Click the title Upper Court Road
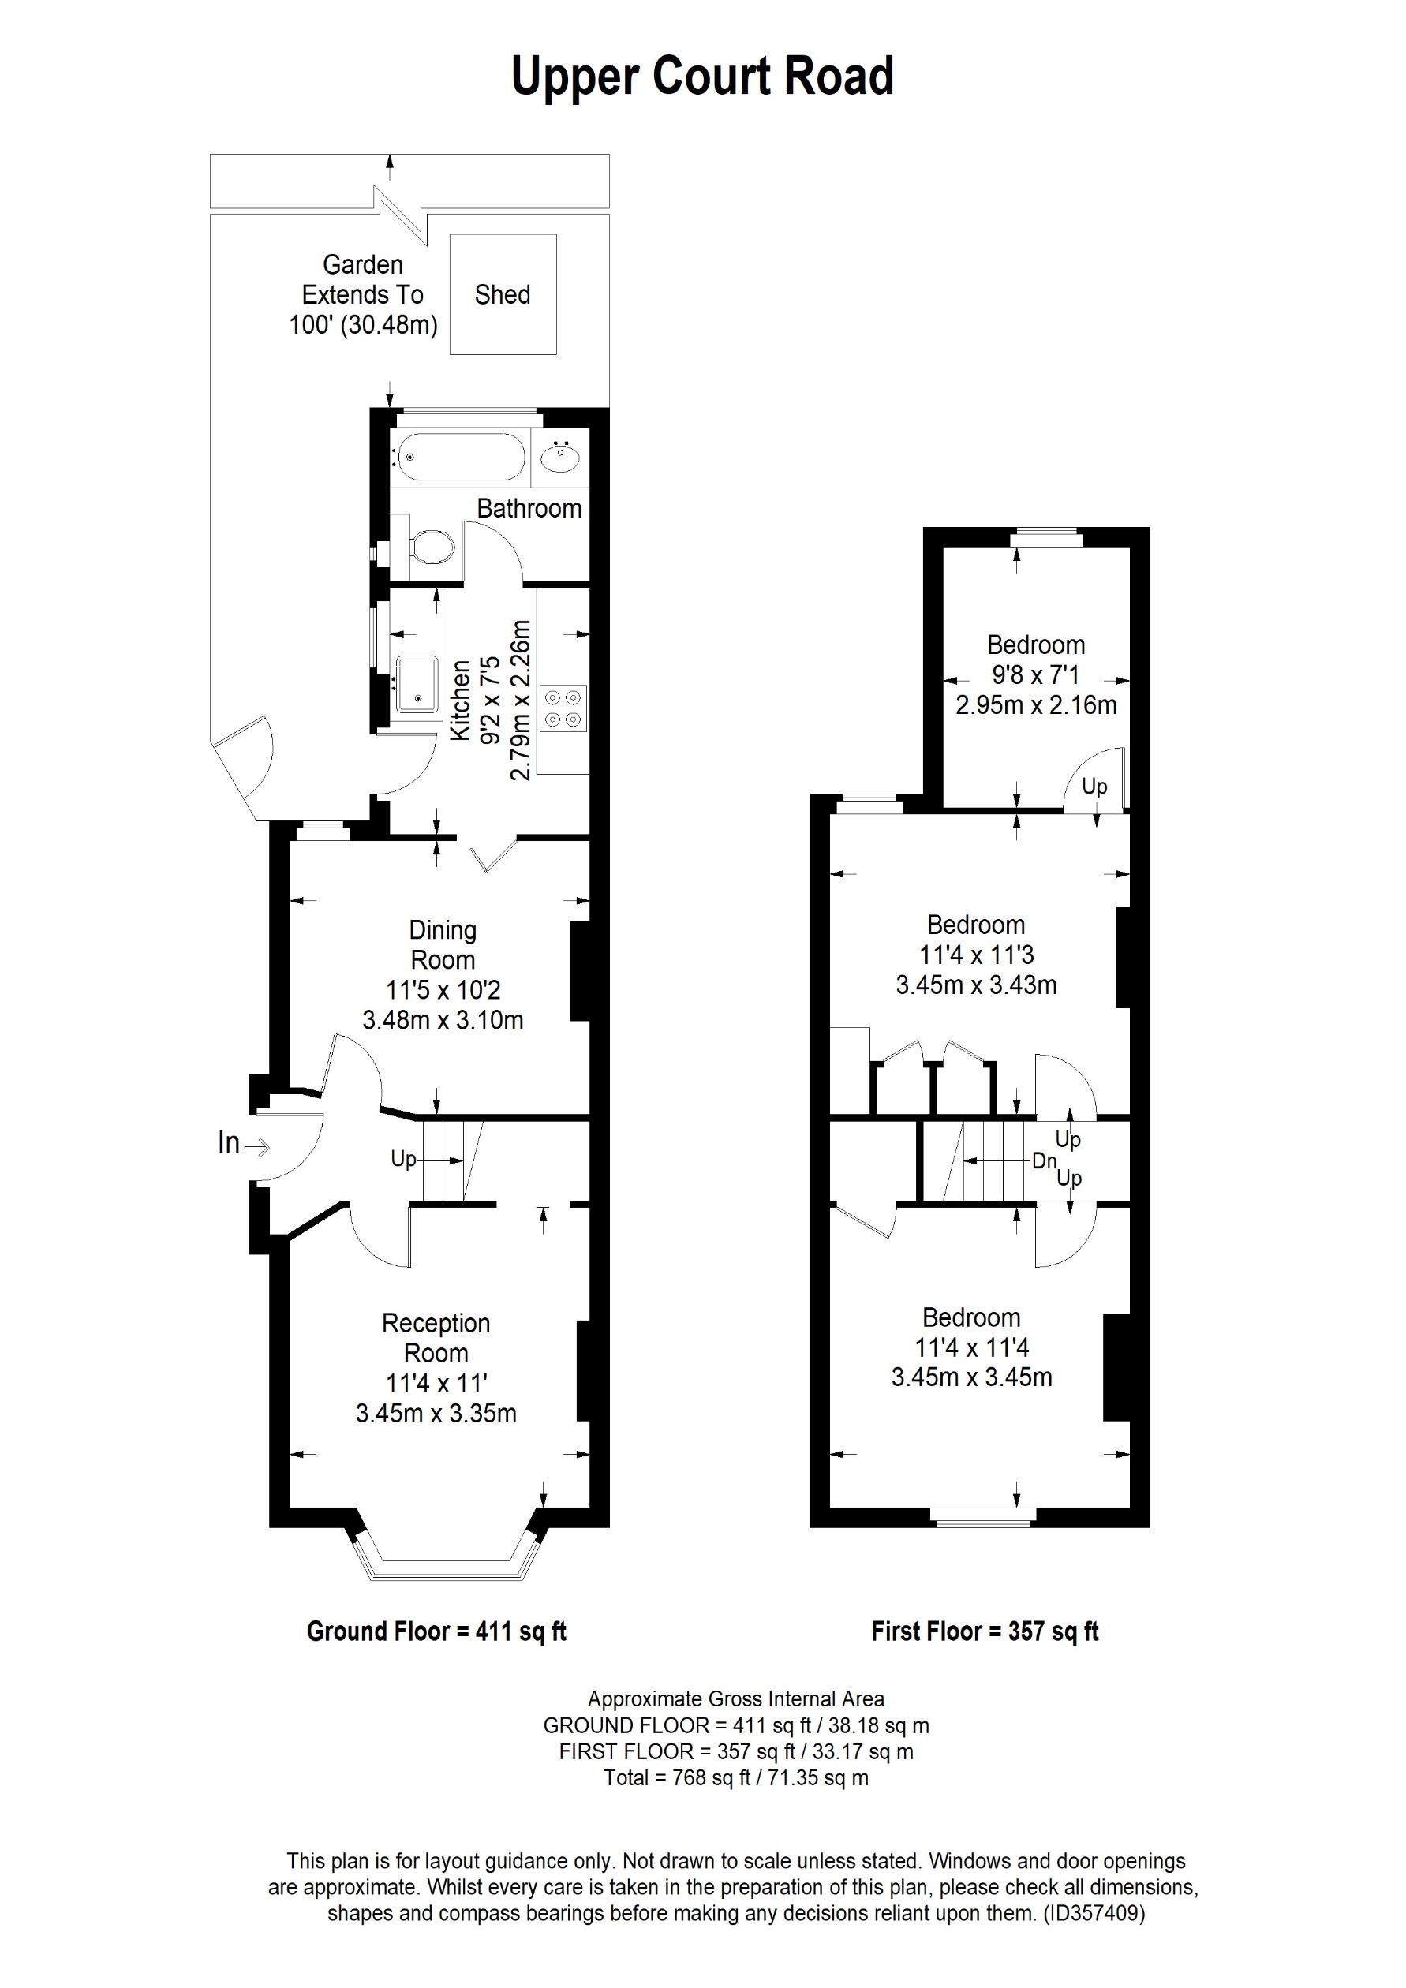(702, 77)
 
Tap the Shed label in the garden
(502, 294)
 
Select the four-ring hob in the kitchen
(563, 708)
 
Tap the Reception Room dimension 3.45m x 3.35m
(436, 1413)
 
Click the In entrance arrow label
(230, 1143)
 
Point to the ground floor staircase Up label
(403, 1159)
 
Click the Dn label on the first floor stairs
(1044, 1161)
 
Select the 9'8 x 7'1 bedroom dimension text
(1035, 674)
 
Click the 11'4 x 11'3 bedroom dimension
(976, 955)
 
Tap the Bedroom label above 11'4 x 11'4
(970, 1317)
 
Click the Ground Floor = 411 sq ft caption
(436, 1631)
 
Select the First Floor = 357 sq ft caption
(985, 1631)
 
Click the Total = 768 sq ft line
(735, 1777)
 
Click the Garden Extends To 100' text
(363, 294)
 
